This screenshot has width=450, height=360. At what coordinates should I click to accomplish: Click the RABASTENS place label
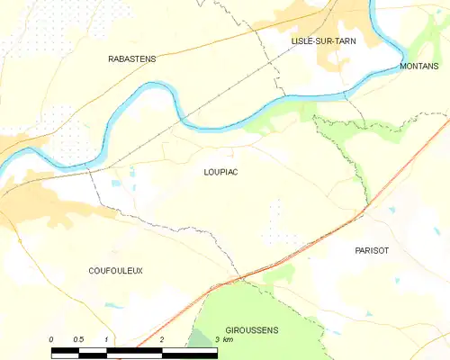pyautogui.click(x=132, y=58)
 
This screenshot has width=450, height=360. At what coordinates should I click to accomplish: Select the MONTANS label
pyautogui.click(x=419, y=67)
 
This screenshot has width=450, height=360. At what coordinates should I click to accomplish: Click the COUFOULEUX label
pyautogui.click(x=115, y=270)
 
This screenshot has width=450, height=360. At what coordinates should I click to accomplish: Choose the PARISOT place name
pyautogui.click(x=372, y=251)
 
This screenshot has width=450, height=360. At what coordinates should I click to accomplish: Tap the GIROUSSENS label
pyautogui.click(x=252, y=330)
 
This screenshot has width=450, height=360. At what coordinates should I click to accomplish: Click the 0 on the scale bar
pyautogui.click(x=51, y=339)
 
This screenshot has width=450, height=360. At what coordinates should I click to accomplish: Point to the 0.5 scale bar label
pyautogui.click(x=78, y=339)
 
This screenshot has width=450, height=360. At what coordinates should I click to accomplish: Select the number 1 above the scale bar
pyautogui.click(x=106, y=339)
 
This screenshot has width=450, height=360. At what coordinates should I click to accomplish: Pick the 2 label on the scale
pyautogui.click(x=161, y=339)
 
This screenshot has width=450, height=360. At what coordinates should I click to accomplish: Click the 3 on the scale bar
pyautogui.click(x=216, y=339)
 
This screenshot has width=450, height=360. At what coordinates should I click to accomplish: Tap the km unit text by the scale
pyautogui.click(x=229, y=339)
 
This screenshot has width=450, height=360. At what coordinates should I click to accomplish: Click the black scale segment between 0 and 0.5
pyautogui.click(x=65, y=348)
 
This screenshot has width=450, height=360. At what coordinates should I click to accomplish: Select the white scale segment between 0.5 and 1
pyautogui.click(x=93, y=348)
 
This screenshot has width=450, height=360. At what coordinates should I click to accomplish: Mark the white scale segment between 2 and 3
pyautogui.click(x=189, y=348)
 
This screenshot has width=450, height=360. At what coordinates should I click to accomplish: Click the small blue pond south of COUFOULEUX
pyautogui.click(x=115, y=306)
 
